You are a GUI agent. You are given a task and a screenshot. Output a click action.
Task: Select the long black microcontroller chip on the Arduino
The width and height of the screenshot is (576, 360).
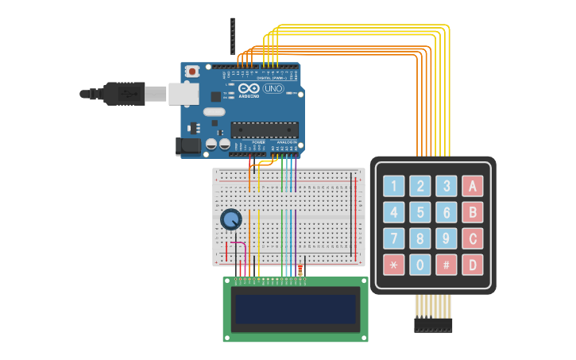[265, 130]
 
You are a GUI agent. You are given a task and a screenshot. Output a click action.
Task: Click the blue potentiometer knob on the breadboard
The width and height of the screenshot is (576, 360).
[230, 219]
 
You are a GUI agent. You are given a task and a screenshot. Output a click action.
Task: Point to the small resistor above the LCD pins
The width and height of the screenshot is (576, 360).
[300, 270]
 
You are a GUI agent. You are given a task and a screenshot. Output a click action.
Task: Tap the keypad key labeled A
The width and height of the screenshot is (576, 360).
[473, 186]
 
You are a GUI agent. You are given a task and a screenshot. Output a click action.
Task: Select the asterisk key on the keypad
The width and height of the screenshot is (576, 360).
[393, 265]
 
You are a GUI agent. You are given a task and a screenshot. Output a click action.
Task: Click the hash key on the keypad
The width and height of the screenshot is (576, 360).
[446, 265]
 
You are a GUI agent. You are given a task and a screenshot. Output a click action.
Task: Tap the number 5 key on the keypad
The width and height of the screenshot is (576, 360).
[420, 212]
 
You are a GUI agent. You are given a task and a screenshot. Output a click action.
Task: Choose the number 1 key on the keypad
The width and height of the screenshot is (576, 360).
[393, 186]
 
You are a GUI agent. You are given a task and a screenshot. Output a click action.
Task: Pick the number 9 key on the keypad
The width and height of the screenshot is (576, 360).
[446, 238]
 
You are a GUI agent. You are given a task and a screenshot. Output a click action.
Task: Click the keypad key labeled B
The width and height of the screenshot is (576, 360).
[473, 212]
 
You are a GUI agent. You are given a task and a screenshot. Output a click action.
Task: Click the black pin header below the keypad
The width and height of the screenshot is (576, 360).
[433, 325]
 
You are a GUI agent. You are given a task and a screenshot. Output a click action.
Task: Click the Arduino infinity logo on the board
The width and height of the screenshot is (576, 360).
[248, 89]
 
